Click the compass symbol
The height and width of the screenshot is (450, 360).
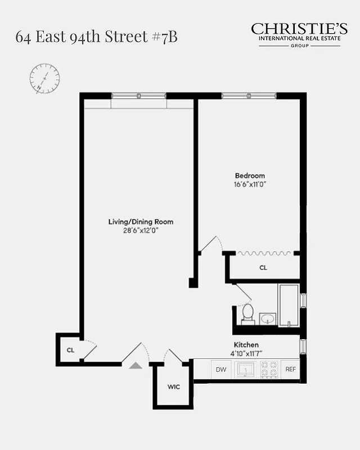(x=44, y=78)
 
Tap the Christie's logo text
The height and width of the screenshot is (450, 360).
(x=299, y=29)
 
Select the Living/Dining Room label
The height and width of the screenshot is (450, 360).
(x=141, y=222)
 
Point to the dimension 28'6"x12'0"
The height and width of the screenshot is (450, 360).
(x=141, y=231)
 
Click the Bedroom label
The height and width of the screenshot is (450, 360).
(x=249, y=175)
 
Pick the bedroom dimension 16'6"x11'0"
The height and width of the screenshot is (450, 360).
(x=249, y=184)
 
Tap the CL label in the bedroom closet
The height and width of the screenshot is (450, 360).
(x=263, y=268)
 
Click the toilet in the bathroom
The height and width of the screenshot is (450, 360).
(x=247, y=313)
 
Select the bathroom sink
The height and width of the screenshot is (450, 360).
(x=267, y=319)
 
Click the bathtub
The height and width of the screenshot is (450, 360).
(x=289, y=305)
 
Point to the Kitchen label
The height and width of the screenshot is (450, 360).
(x=246, y=345)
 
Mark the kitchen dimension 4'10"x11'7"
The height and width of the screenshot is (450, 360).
(x=246, y=353)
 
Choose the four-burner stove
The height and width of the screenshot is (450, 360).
(x=269, y=369)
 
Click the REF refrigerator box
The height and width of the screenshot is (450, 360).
(x=290, y=370)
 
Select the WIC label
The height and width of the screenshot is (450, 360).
(x=173, y=387)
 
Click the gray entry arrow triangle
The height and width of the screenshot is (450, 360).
(x=136, y=365)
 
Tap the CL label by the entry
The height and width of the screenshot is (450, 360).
(x=70, y=350)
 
